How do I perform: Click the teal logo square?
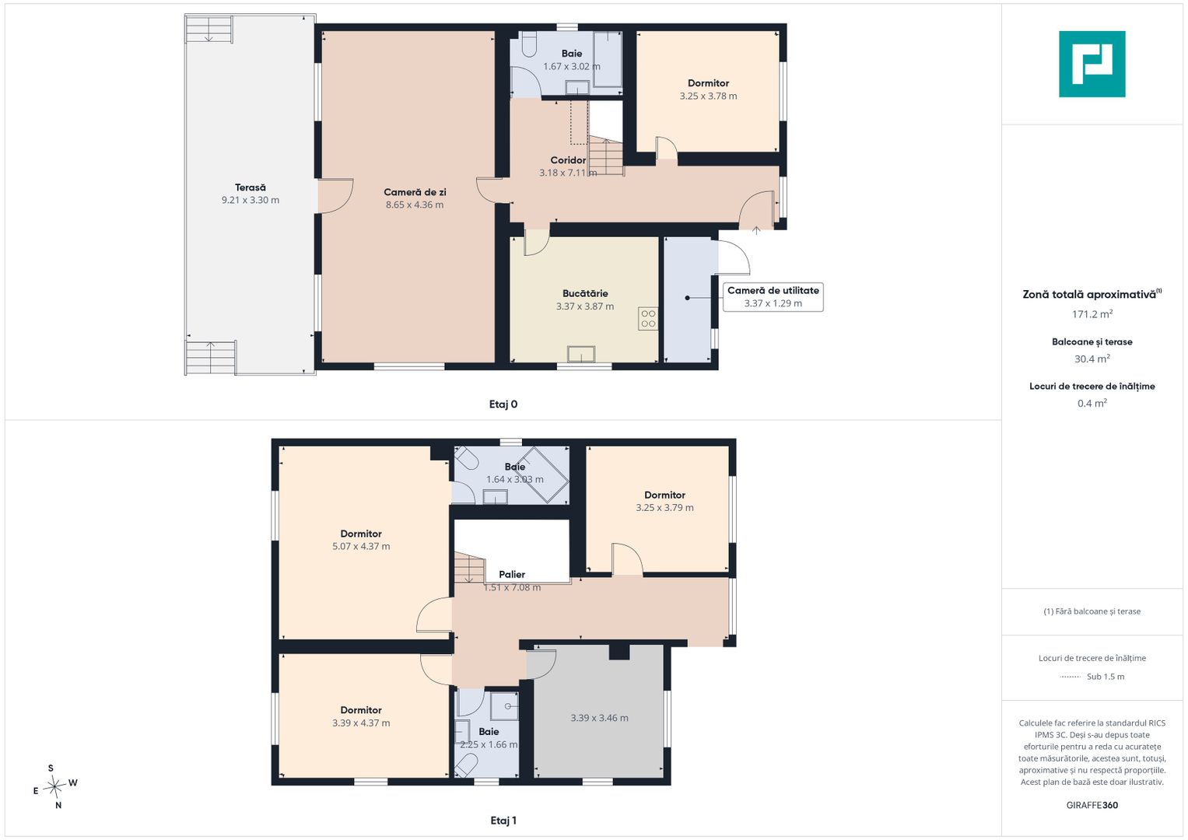pyautogui.click(x=1092, y=64)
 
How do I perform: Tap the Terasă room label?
pyautogui.click(x=251, y=187)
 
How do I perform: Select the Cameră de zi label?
pyautogui.click(x=415, y=192)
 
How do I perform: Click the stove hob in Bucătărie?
pyautogui.click(x=648, y=319)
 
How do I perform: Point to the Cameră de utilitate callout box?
pyautogui.click(x=773, y=297)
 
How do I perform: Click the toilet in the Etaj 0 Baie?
pyautogui.click(x=529, y=44)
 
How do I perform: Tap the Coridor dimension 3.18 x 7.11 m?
pyautogui.click(x=568, y=173)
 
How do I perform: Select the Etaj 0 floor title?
pyautogui.click(x=503, y=404)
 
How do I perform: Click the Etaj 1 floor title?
pyautogui.click(x=503, y=821)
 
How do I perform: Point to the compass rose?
pyautogui.click(x=54, y=786)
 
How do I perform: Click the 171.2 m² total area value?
pyautogui.click(x=1092, y=314)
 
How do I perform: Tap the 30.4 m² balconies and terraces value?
pyautogui.click(x=1092, y=359)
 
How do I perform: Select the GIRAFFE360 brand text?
pyautogui.click(x=1092, y=805)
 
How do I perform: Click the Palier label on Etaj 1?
pyautogui.click(x=512, y=574)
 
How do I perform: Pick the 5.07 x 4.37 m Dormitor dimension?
pyautogui.click(x=361, y=546)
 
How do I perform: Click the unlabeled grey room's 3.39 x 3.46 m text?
pyautogui.click(x=599, y=718)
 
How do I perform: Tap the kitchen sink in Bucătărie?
pyautogui.click(x=581, y=354)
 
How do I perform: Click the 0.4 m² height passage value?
pyautogui.click(x=1092, y=404)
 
